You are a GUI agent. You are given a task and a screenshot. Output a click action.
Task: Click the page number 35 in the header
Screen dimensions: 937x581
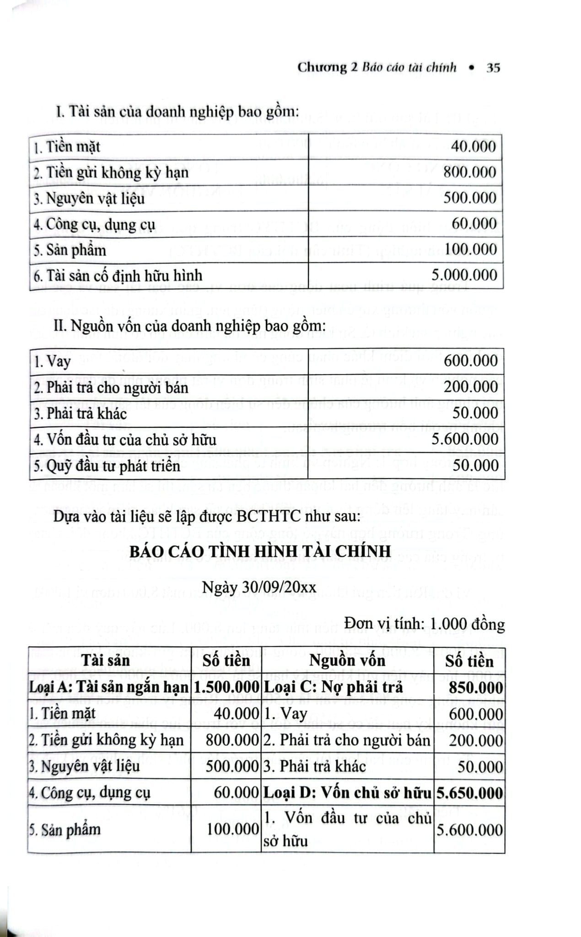pyautogui.click(x=493, y=68)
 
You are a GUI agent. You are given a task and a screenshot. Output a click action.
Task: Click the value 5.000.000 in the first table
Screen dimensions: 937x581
pyautogui.click(x=463, y=275)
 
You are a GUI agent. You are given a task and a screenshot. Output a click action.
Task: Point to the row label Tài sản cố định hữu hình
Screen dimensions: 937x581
pyautogui.click(x=118, y=276)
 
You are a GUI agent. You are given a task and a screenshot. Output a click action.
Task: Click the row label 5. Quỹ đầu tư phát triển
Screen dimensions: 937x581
pyautogui.click(x=107, y=466)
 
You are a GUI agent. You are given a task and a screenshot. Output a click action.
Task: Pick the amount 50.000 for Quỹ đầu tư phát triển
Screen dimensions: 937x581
pyautogui.click(x=475, y=466)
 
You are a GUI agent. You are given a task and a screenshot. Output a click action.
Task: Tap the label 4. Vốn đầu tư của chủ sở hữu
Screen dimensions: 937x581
pyautogui.click(x=125, y=440)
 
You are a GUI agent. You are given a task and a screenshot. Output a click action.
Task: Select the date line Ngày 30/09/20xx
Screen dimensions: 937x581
pyautogui.click(x=259, y=587)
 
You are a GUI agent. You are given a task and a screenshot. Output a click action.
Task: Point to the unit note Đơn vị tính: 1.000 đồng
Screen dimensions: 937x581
pyautogui.click(x=425, y=624)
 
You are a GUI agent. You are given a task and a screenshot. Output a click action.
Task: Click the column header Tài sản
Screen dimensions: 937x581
pyautogui.click(x=106, y=661)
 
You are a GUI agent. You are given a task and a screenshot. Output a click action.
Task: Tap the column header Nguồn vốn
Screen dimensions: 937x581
pyautogui.click(x=347, y=661)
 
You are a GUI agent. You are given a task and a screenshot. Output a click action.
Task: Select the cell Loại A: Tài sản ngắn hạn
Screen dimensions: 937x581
pyautogui.click(x=109, y=687)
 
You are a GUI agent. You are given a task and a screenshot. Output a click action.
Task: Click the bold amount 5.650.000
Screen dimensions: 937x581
pyautogui.click(x=469, y=793)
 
